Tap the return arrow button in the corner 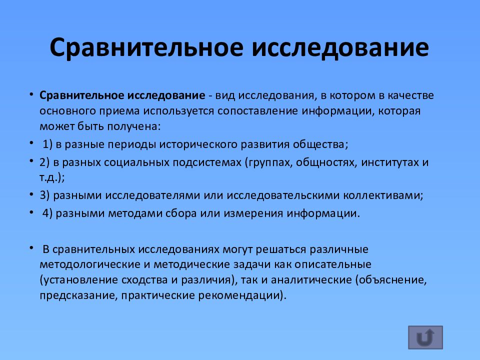click(x=425, y=337)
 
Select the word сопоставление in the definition click(x=258, y=110)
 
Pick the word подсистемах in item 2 click(x=209, y=162)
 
